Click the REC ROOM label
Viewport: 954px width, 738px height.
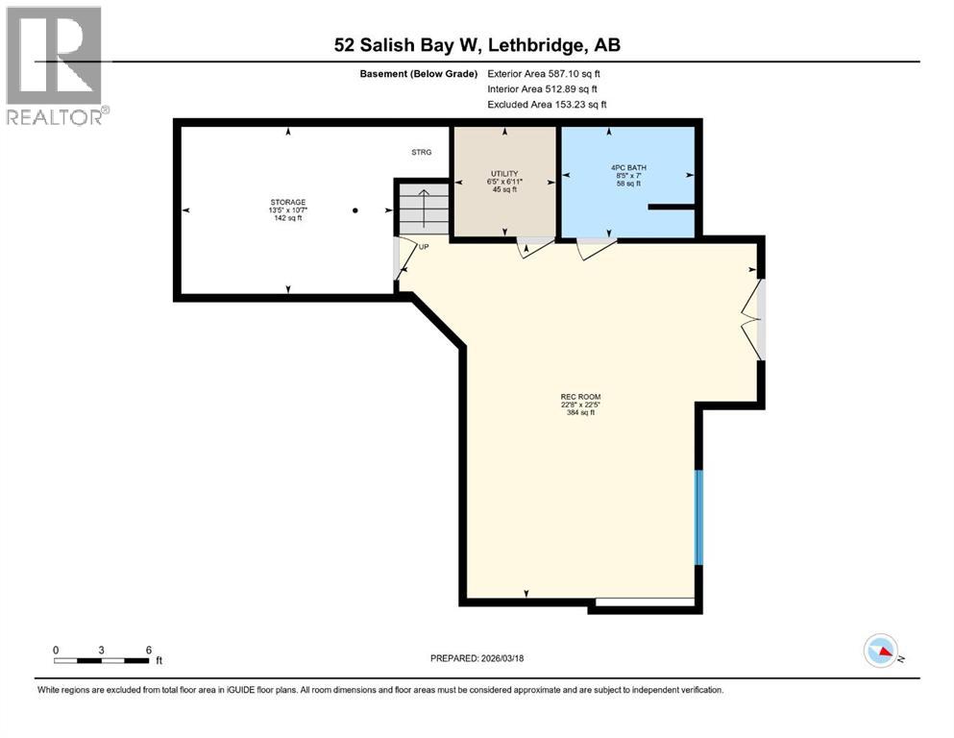pyautogui.click(x=580, y=396)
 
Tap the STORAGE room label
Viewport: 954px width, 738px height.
pyautogui.click(x=287, y=202)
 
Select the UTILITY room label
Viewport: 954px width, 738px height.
pyautogui.click(x=504, y=173)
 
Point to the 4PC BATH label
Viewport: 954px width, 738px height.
pyautogui.click(x=628, y=167)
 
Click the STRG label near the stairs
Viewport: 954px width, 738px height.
pyautogui.click(x=422, y=153)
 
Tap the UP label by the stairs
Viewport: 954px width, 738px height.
pyautogui.click(x=423, y=246)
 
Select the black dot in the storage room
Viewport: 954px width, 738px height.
pyautogui.click(x=355, y=210)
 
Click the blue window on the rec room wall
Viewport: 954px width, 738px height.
pyautogui.click(x=699, y=517)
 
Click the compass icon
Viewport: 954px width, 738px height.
pyautogui.click(x=881, y=652)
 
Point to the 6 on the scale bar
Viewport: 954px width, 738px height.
pyautogui.click(x=148, y=650)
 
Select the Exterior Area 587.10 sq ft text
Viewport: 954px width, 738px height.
pyautogui.click(x=544, y=74)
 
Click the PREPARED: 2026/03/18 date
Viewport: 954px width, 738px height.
pyautogui.click(x=477, y=658)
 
